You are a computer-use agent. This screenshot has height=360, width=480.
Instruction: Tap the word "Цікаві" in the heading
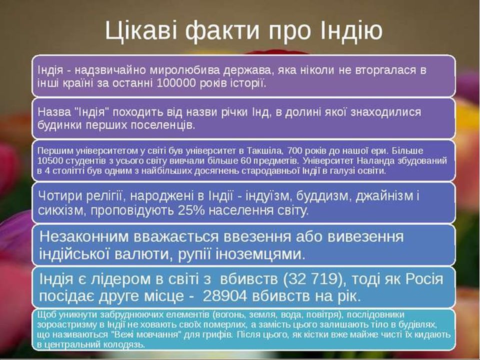tap(141, 31)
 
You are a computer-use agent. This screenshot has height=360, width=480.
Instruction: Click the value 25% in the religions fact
tap(191, 210)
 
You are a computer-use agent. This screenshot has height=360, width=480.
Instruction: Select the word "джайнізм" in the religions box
tap(384, 196)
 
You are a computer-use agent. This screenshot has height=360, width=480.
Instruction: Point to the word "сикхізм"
tap(60, 210)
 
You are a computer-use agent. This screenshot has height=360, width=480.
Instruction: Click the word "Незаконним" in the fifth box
tap(83, 236)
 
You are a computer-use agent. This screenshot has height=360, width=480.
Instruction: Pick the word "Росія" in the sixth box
tap(424, 279)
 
